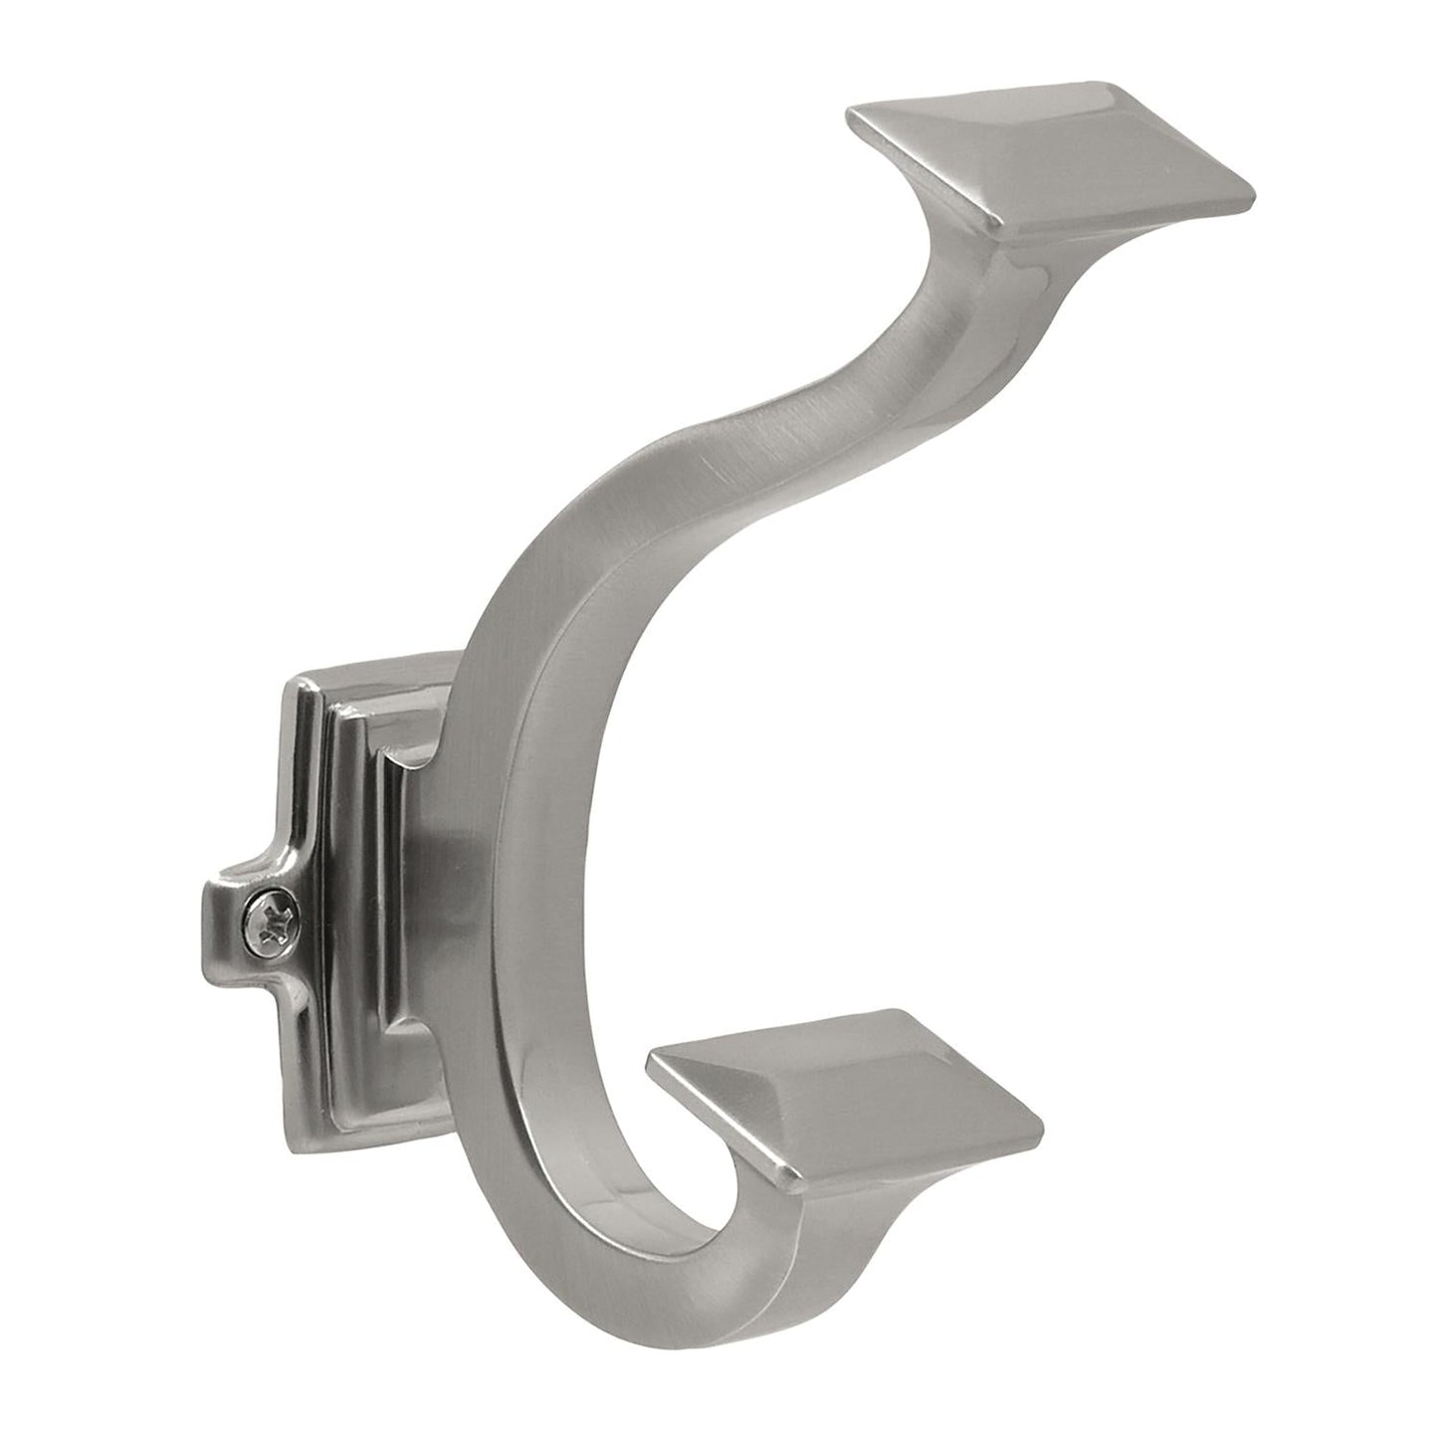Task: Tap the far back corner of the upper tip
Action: [1105, 82]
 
